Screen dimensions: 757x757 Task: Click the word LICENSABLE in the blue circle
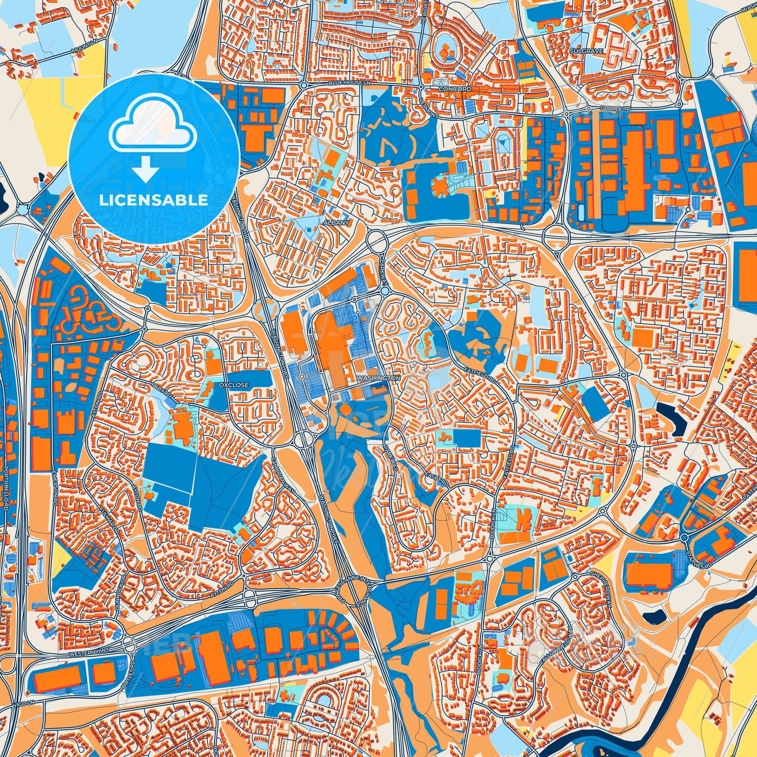154,200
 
